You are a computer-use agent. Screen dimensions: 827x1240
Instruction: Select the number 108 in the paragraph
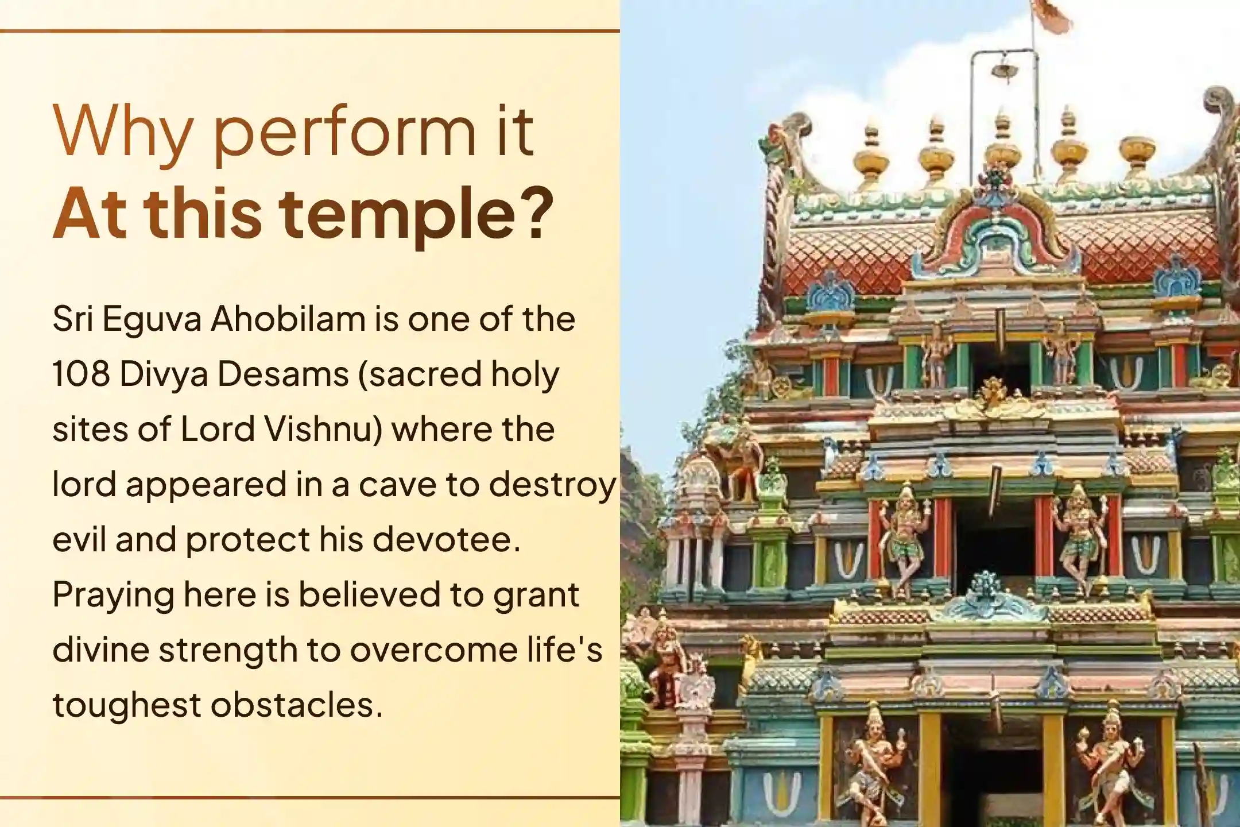81,374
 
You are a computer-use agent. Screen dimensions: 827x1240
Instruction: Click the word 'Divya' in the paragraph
164,374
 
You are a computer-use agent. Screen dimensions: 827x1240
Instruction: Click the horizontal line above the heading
310,30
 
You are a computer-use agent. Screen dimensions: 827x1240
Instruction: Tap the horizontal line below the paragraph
310,797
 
